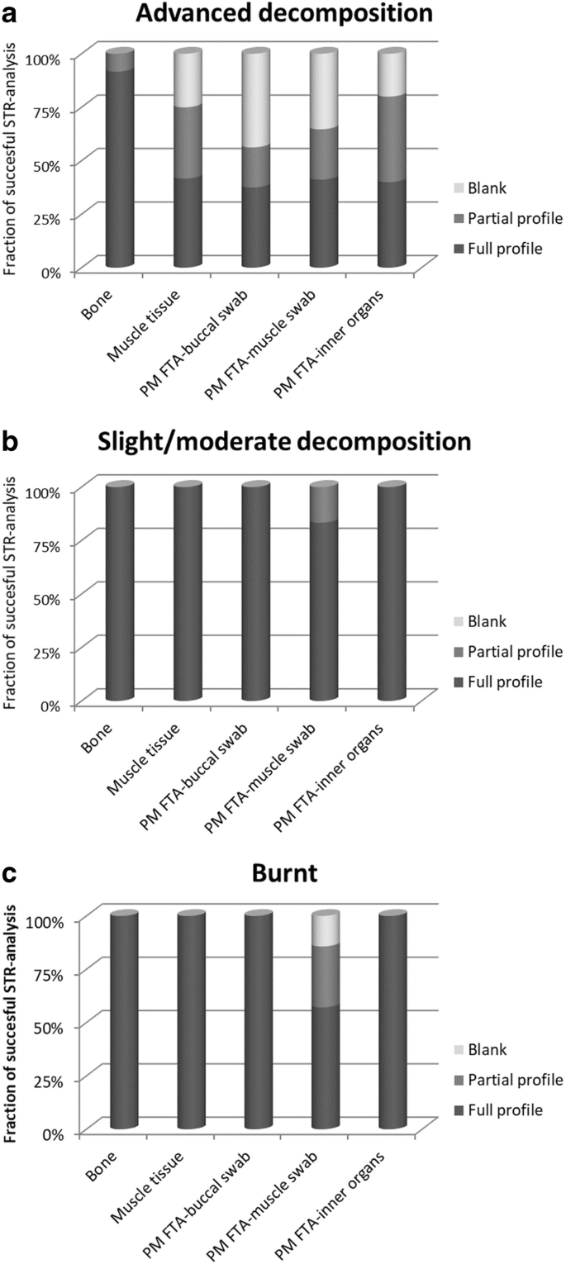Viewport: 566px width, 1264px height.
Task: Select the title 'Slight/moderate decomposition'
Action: [284, 441]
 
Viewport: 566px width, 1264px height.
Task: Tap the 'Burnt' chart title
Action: [284, 872]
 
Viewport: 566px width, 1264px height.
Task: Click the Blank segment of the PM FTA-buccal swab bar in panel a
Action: [256, 99]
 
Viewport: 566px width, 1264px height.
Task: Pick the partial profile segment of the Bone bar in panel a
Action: [120, 61]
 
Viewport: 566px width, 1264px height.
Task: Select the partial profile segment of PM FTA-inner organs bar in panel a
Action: [392, 138]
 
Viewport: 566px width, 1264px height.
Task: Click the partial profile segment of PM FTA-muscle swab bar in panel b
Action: [324, 503]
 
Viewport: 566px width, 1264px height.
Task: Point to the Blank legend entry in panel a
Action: [480, 188]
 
